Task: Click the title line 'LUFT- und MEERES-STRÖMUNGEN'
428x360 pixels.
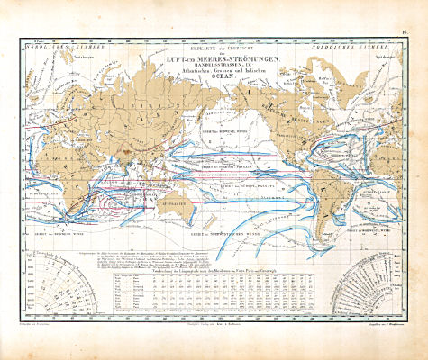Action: pos(214,58)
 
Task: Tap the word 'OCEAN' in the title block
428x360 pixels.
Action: pos(214,78)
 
